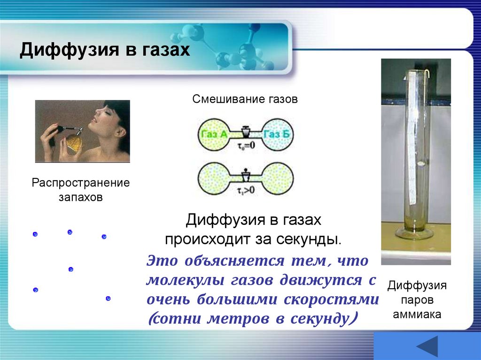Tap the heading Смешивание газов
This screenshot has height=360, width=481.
[245, 100]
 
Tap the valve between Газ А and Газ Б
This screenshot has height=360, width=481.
[245, 131]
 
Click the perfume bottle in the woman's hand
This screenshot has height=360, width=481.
[73, 141]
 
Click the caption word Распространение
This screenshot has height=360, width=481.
[80, 182]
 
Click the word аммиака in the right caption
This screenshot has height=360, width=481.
[417, 314]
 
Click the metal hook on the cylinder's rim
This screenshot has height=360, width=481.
[428, 75]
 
